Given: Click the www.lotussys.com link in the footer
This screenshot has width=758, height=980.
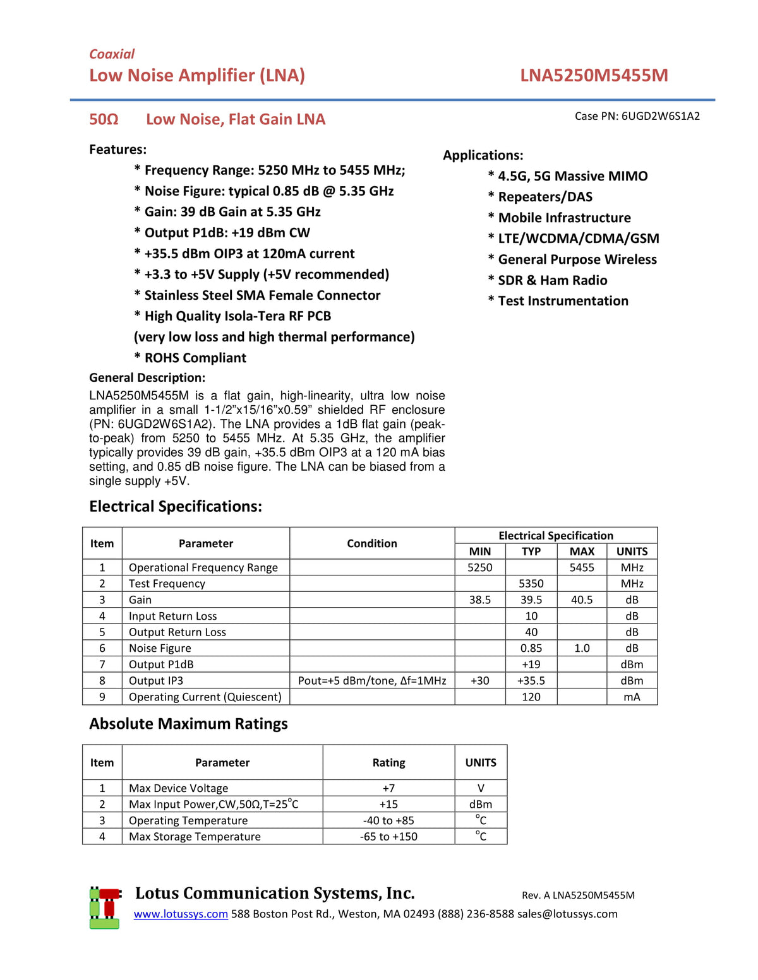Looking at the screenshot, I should pyautogui.click(x=181, y=914).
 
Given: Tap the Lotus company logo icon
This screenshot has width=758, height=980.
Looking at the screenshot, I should pyautogui.click(x=104, y=907).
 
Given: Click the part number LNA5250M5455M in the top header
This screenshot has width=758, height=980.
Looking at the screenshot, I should pyautogui.click(x=594, y=76).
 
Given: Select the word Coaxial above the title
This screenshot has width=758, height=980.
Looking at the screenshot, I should pyautogui.click(x=112, y=54).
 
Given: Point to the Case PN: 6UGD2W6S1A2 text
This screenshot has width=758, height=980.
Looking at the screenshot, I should pyautogui.click(x=637, y=116).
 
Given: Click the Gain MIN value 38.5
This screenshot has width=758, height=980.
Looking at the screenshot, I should pyautogui.click(x=479, y=600).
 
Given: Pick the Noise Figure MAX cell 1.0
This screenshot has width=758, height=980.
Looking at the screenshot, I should pyautogui.click(x=582, y=648).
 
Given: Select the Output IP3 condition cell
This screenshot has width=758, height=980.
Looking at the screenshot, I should pyautogui.click(x=372, y=681).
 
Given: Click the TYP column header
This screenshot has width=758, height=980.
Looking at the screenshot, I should pyautogui.click(x=531, y=552).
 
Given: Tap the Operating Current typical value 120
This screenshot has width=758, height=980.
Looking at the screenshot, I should pyautogui.click(x=531, y=697).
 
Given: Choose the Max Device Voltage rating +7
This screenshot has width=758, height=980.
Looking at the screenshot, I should pyautogui.click(x=388, y=788).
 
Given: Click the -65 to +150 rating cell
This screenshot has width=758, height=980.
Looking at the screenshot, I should pyautogui.click(x=388, y=837).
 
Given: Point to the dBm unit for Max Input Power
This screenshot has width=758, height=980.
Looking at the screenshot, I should pyautogui.click(x=480, y=805).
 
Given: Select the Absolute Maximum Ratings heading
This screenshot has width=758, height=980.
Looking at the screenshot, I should pyautogui.click(x=188, y=724).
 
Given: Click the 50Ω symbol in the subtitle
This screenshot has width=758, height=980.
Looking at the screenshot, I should pyautogui.click(x=104, y=119).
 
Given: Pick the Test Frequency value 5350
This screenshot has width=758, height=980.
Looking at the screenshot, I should pyautogui.click(x=531, y=584).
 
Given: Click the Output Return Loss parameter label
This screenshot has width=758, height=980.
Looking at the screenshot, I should pyautogui.click(x=177, y=632).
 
